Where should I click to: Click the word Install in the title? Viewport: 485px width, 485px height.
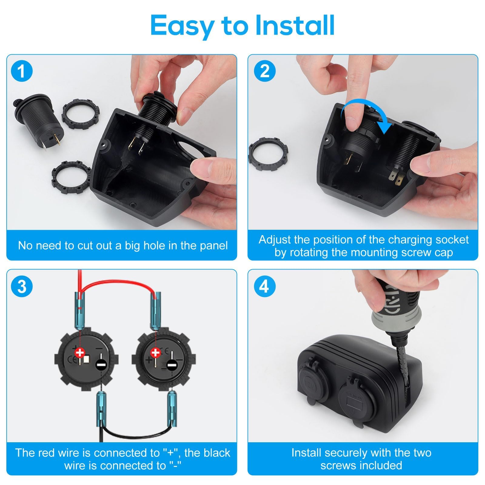[295, 25]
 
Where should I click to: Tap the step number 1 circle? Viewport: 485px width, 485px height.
[22, 72]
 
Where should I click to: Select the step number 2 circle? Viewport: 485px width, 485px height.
[265, 72]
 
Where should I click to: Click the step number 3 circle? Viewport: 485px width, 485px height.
[22, 286]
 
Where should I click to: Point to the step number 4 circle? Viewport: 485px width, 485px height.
[265, 286]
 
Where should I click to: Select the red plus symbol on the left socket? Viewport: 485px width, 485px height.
[80, 353]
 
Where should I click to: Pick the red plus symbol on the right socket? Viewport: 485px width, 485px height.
[156, 353]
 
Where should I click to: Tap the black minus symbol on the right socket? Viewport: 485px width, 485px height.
[172, 366]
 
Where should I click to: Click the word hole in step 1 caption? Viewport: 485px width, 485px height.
[155, 245]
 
